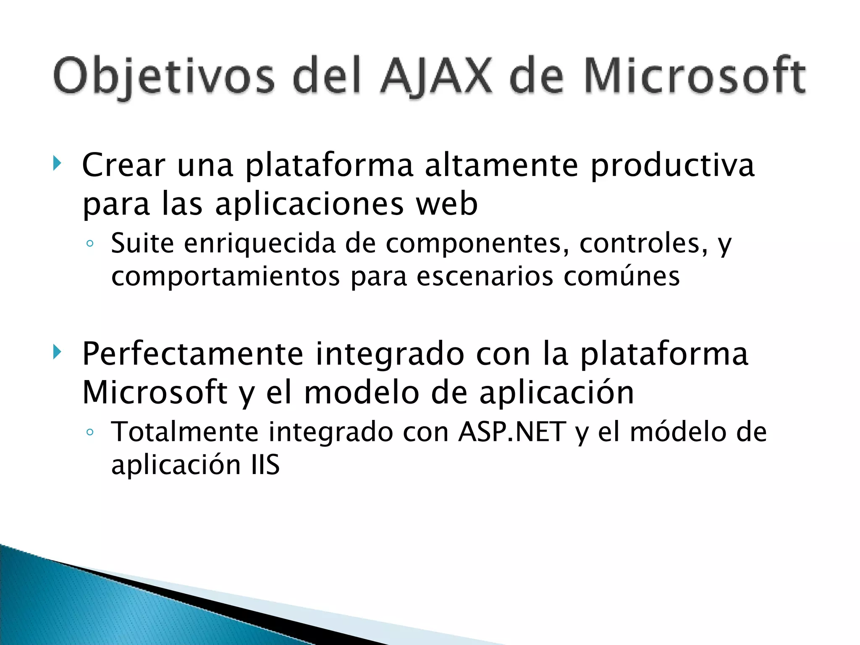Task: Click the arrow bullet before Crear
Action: (58, 164)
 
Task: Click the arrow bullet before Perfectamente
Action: (58, 352)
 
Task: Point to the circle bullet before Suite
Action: (89, 244)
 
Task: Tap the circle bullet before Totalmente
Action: (89, 432)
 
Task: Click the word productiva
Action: (672, 165)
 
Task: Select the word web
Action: (447, 204)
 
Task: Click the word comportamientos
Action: (225, 277)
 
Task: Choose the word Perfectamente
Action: (193, 354)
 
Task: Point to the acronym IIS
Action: (265, 465)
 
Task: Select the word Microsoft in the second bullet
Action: (155, 393)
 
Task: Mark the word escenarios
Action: (485, 277)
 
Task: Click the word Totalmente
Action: (185, 432)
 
